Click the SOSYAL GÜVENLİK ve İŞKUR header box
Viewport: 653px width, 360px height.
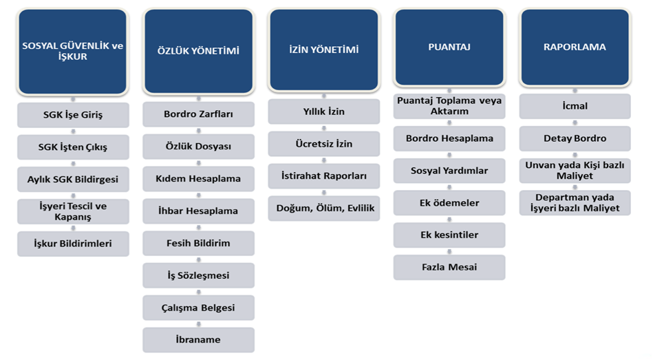[73, 52]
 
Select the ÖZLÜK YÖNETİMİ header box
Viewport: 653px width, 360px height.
[198, 51]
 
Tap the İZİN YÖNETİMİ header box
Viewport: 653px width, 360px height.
[324, 50]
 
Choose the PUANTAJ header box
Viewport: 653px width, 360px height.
[449, 47]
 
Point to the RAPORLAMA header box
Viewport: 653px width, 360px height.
[575, 47]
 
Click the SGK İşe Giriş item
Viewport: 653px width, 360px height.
[73, 115]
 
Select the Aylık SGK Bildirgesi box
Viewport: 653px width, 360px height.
[73, 180]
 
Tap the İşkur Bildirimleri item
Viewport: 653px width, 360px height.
[73, 244]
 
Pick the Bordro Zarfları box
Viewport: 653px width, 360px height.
[198, 114]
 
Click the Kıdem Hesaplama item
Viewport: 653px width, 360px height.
[198, 179]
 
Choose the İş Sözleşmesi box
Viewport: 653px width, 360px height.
[198, 275]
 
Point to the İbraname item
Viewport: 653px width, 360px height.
[198, 340]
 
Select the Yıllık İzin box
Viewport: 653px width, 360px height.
[324, 112]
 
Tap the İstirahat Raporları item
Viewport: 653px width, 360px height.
[324, 176]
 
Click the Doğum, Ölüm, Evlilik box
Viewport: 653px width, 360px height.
[324, 209]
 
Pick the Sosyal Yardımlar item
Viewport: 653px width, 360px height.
[449, 171]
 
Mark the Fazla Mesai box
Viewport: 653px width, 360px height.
[449, 268]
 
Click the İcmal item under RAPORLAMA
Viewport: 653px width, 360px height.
[575, 106]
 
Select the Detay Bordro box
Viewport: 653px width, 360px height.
[575, 139]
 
